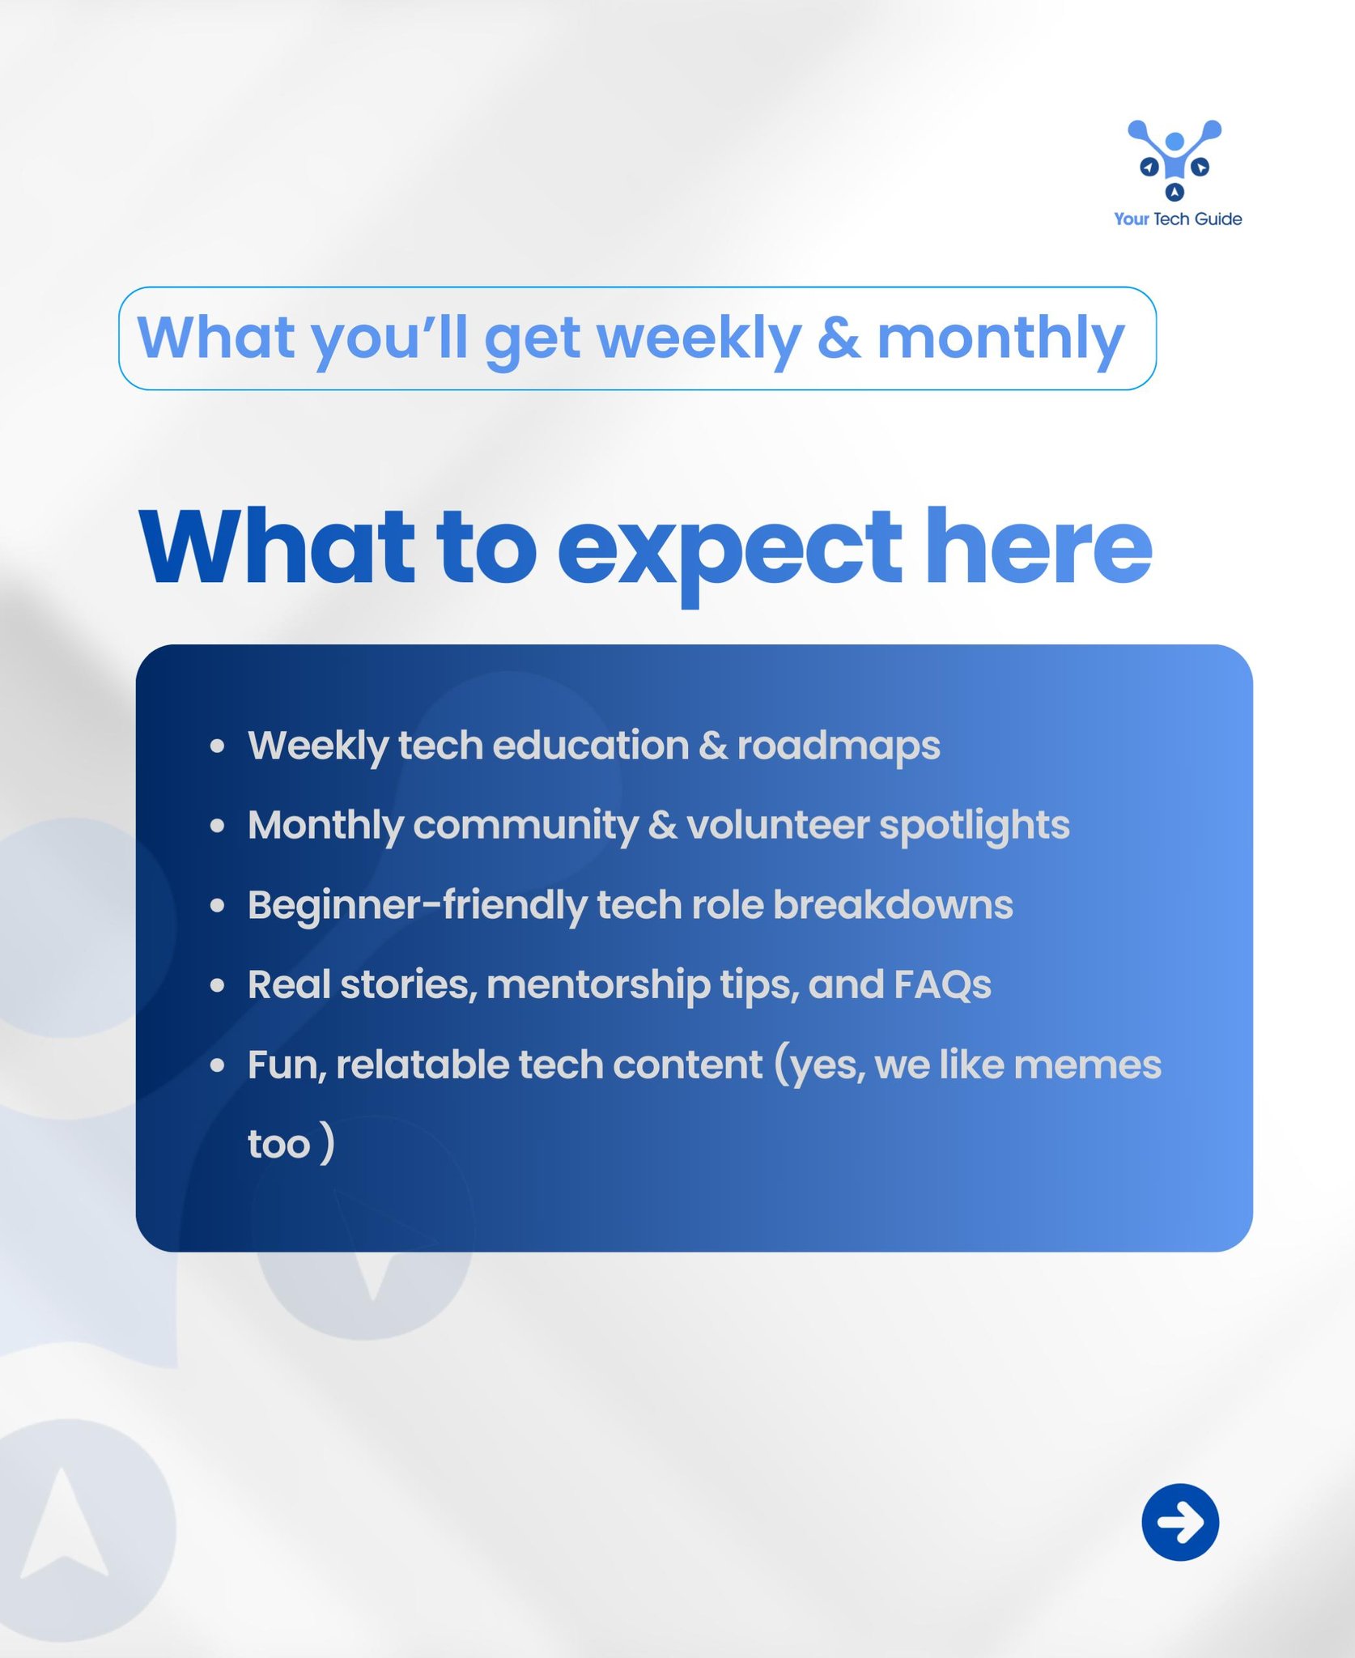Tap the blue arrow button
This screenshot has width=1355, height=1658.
pyautogui.click(x=1180, y=1522)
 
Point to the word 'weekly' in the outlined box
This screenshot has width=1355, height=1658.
pyautogui.click(x=701, y=339)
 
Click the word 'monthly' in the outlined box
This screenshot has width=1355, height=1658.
pyautogui.click(x=1001, y=339)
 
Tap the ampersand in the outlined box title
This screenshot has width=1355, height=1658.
pyautogui.click(x=839, y=338)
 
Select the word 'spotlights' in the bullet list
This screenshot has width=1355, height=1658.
pyautogui.click(x=975, y=827)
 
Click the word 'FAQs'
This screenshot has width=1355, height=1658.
pyautogui.click(x=942, y=984)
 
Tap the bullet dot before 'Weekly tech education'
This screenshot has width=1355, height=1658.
pyautogui.click(x=217, y=746)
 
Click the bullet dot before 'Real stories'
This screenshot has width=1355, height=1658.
pyautogui.click(x=217, y=985)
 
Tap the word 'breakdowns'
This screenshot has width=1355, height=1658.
pyautogui.click(x=893, y=905)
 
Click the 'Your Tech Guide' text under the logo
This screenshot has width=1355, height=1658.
pyautogui.click(x=1178, y=219)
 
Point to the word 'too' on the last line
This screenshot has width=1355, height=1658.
pyautogui.click(x=279, y=1145)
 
